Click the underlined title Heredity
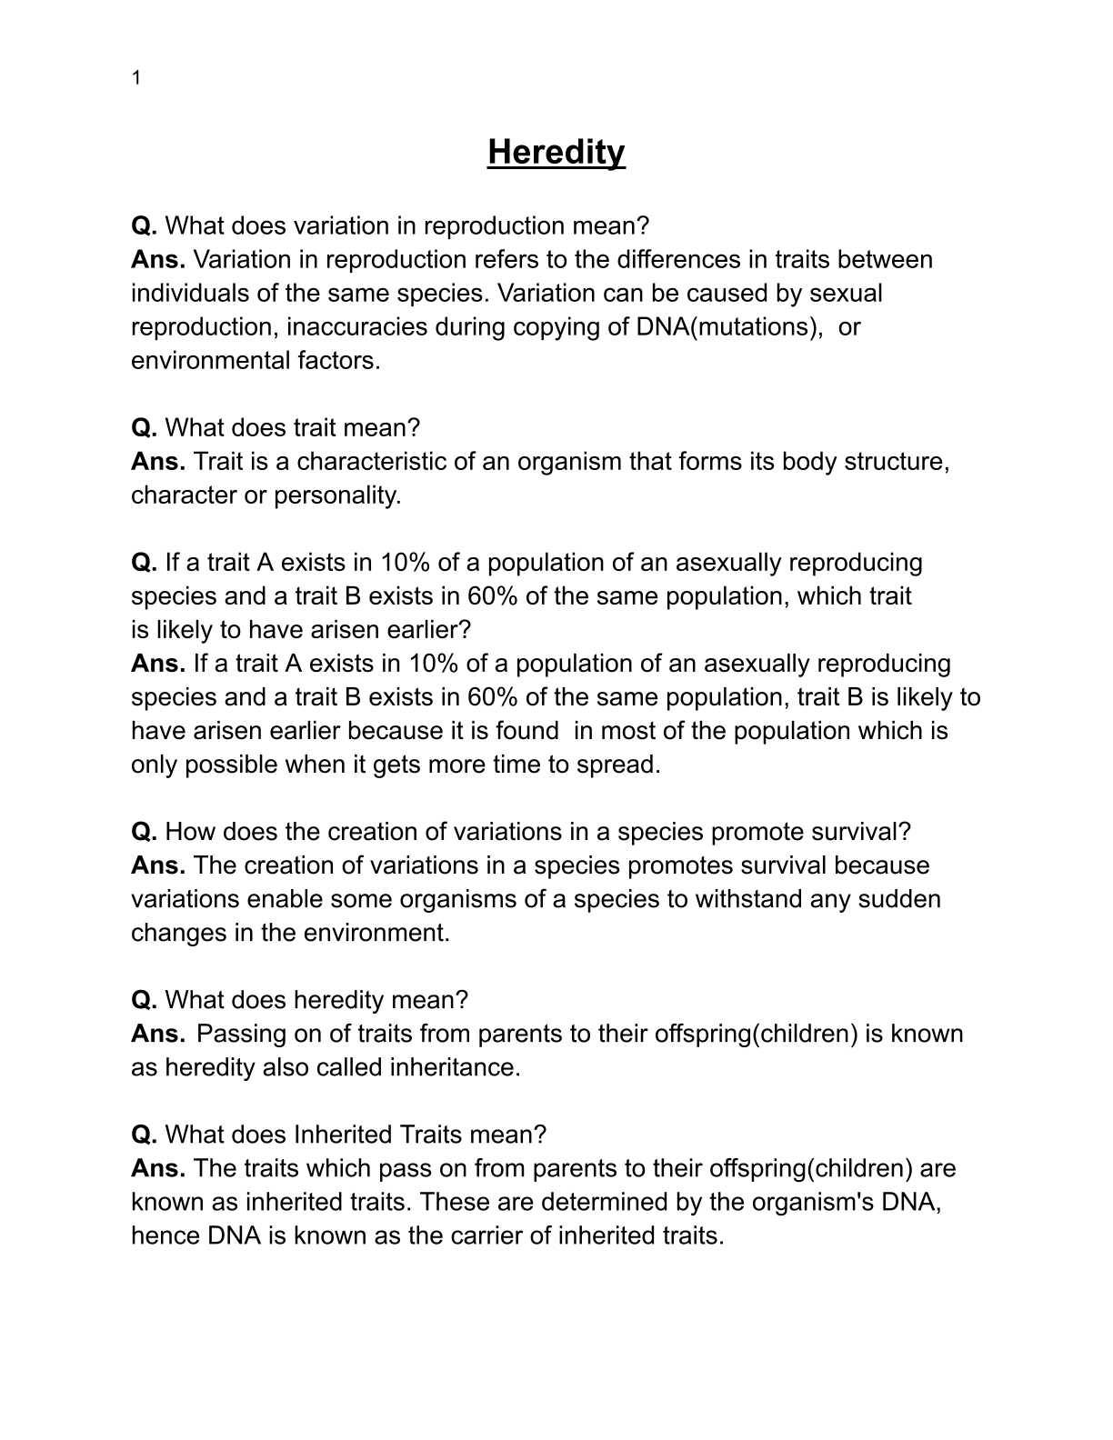click(x=556, y=152)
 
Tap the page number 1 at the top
click(x=136, y=78)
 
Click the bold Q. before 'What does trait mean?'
click(x=144, y=427)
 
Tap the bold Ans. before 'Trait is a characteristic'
click(x=157, y=461)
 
